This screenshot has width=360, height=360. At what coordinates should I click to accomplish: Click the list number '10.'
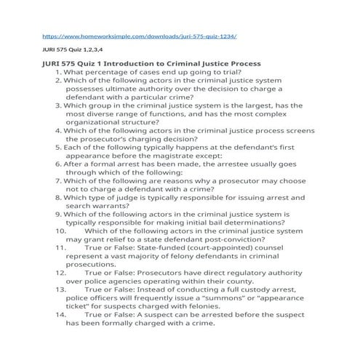(60, 230)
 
